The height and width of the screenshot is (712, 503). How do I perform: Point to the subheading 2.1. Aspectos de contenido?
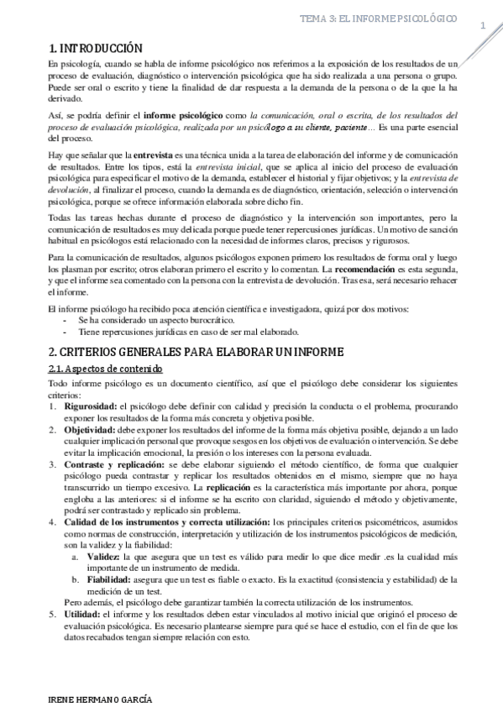pos(105,369)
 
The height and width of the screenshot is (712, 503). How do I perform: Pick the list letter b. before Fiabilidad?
pos(76,578)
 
